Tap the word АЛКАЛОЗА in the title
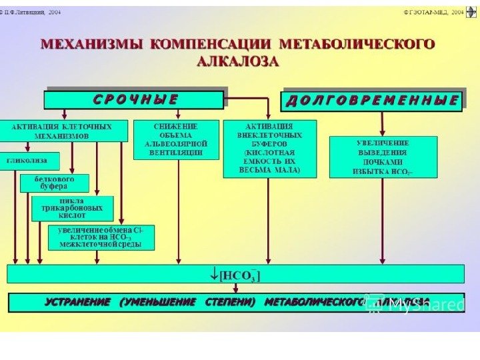(x=238, y=61)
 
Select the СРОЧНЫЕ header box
(x=134, y=100)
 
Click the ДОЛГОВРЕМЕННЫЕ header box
(x=373, y=101)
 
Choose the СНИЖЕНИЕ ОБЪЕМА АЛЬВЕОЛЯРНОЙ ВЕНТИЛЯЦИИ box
(x=176, y=139)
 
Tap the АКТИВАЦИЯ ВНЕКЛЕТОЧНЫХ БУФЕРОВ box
(x=269, y=148)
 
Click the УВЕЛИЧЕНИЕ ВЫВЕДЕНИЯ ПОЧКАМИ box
(x=383, y=157)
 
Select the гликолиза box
(x=30, y=161)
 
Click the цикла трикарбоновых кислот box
(x=72, y=208)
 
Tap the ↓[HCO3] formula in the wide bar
(x=236, y=274)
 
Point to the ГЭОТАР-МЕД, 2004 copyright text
(x=433, y=11)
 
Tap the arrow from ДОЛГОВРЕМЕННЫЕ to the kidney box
(x=383, y=123)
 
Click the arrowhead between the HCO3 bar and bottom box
(x=236, y=289)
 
